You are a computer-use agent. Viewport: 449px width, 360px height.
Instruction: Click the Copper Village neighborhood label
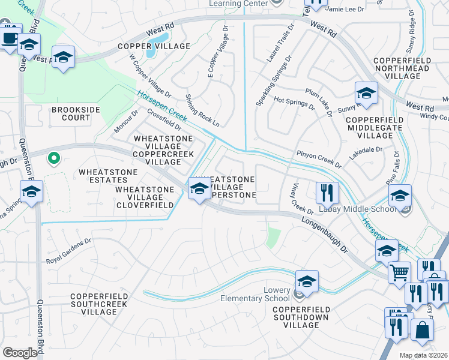(154, 46)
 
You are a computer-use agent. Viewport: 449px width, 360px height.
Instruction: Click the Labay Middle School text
(360, 208)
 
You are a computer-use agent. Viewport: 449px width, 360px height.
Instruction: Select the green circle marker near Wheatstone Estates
(53, 159)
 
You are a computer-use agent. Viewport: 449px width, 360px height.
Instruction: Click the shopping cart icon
(399, 272)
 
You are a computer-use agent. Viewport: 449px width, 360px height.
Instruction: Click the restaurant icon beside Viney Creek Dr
(327, 193)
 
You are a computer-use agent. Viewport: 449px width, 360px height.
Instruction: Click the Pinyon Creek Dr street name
(318, 160)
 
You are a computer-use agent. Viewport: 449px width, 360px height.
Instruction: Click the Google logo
(20, 352)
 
